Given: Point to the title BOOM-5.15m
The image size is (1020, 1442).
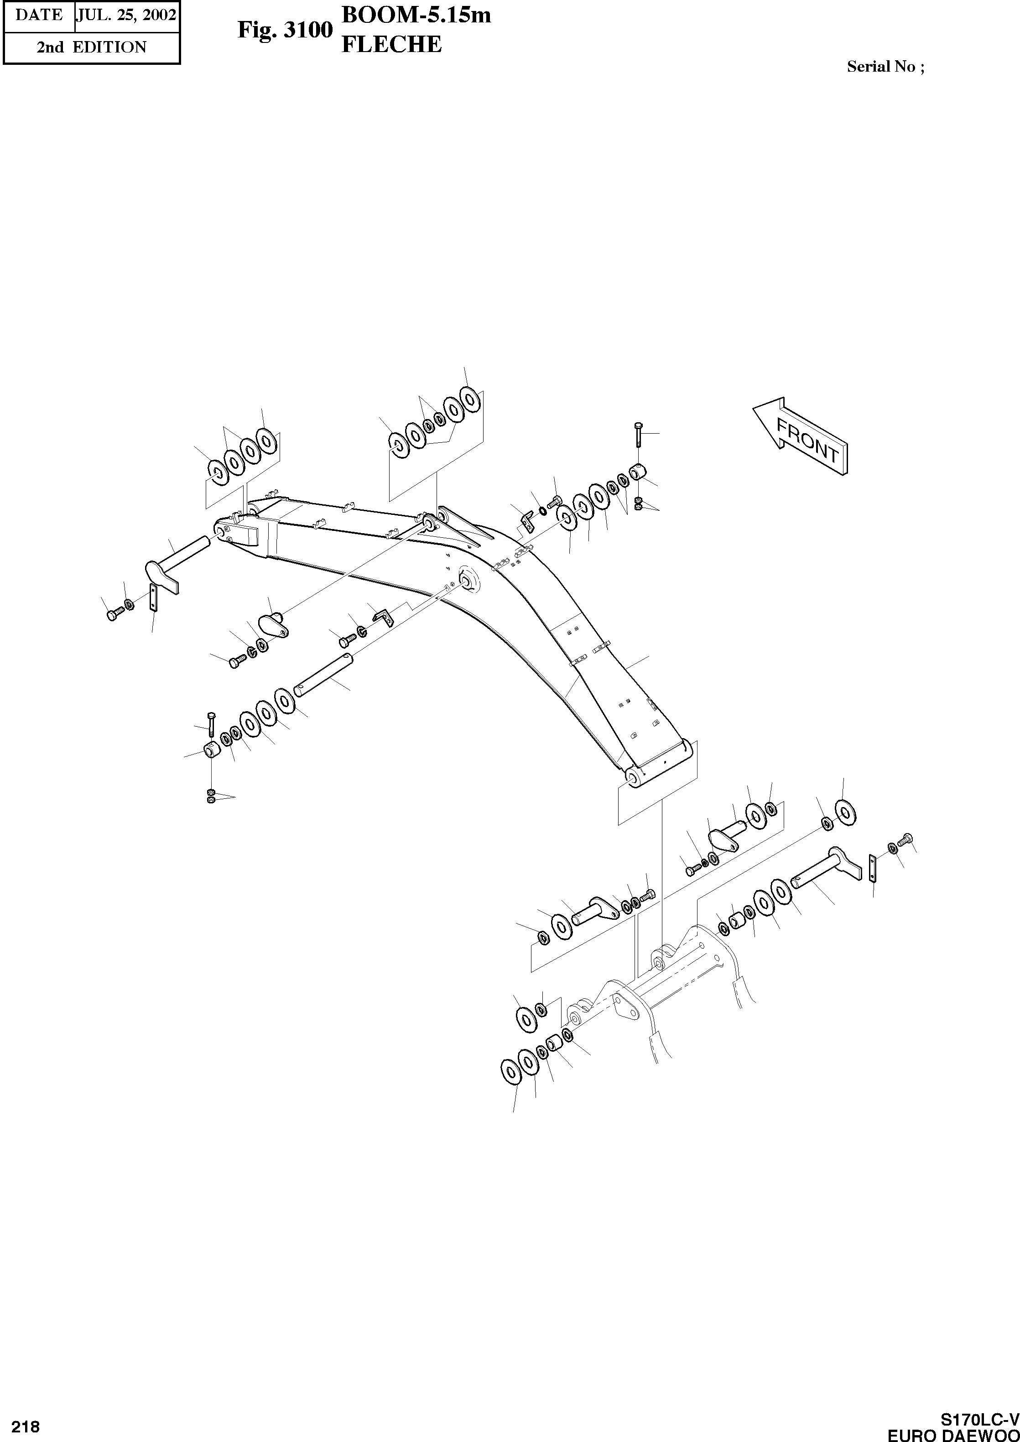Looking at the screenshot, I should pos(416,15).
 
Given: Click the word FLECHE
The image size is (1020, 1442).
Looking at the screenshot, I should pos(391,45).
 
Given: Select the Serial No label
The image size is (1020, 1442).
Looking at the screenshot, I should pos(885,67).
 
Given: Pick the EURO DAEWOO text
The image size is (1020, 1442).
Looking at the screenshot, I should pos(953,1433).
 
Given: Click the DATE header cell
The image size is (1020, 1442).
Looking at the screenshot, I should pos(39,15).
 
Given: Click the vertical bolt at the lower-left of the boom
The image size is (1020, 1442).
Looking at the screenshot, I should pos(210,724).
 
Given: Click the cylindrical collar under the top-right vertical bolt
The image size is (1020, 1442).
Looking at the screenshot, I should pos(638,470).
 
